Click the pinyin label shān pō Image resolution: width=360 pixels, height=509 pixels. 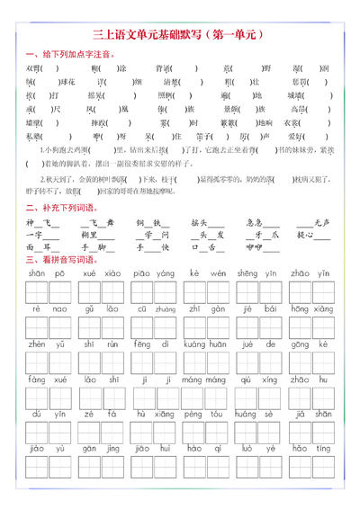click(x=40, y=272)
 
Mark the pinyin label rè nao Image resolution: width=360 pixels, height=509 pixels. click(x=40, y=308)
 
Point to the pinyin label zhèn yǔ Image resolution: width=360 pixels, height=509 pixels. click(x=40, y=344)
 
